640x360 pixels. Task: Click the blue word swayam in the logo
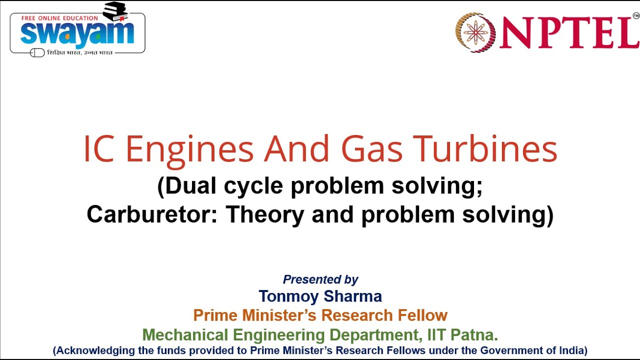[77, 33]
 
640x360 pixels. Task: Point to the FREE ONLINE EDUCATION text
[59, 18]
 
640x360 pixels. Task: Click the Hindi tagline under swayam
[80, 52]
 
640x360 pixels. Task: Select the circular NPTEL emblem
[475, 32]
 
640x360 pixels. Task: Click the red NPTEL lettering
[569, 33]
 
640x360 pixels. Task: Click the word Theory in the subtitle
[265, 214]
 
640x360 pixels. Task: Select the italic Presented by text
[320, 279]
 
